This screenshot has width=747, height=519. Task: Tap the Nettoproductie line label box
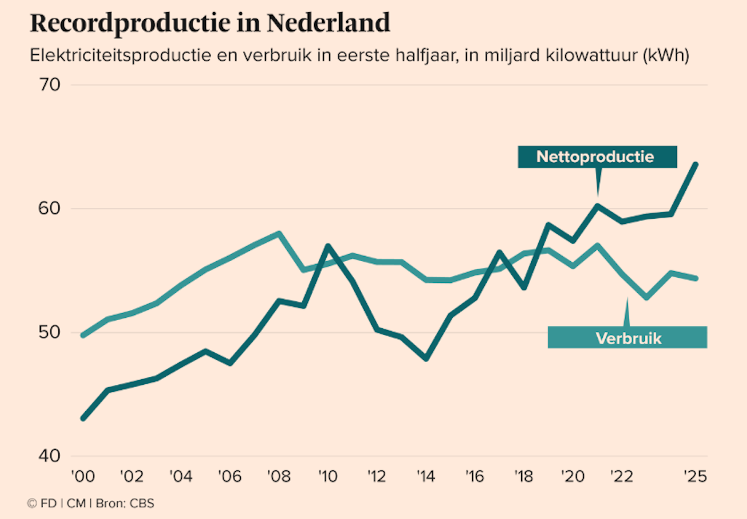[x=596, y=157]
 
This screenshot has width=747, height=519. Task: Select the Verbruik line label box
[x=627, y=338]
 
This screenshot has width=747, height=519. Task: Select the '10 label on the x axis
[x=328, y=476]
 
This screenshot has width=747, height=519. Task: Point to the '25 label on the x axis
[x=694, y=476]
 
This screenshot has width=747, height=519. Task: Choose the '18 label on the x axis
[x=524, y=476]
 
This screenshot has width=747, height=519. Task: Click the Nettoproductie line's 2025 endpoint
[x=696, y=164]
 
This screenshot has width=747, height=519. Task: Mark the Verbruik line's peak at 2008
[x=279, y=233]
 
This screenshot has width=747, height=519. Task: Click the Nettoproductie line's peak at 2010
[x=328, y=246]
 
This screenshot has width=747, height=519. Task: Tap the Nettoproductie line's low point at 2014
[x=426, y=359]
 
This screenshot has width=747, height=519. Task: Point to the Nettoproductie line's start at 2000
[x=83, y=419]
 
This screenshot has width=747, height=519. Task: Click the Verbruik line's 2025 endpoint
[x=696, y=278]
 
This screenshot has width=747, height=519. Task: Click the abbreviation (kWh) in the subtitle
[x=666, y=57]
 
